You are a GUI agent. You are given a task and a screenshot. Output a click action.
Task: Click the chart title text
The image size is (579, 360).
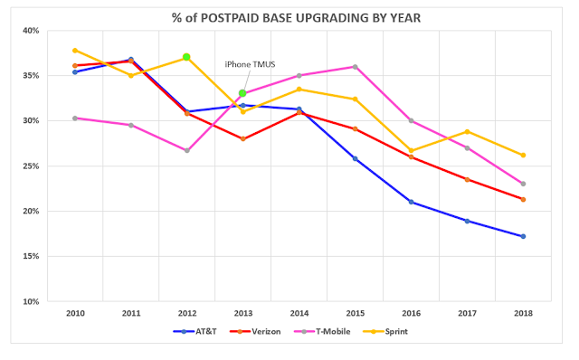click(296, 18)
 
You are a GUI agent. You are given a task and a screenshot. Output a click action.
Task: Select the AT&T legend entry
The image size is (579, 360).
click(195, 331)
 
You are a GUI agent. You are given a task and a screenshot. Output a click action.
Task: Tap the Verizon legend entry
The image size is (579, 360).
click(255, 331)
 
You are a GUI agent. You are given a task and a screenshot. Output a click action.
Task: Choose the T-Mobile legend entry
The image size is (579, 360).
click(322, 331)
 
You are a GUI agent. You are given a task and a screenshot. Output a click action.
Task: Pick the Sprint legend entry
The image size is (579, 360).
click(385, 331)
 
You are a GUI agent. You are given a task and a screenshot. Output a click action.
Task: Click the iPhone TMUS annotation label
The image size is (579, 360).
click(250, 64)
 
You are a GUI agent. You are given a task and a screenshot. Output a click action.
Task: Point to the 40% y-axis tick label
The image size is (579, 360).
click(31, 31)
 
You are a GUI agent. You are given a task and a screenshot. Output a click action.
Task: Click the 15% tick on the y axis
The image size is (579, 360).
click(31, 256)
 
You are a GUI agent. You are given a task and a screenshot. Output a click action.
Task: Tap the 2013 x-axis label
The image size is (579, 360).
click(243, 314)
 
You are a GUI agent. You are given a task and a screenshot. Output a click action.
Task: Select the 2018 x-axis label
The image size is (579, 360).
click(523, 314)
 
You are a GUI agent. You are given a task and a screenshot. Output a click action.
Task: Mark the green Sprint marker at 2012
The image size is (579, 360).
click(186, 57)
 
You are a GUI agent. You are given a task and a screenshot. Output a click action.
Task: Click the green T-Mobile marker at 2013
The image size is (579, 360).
click(242, 93)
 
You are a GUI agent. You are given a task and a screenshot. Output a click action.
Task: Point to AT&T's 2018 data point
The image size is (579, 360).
click(523, 236)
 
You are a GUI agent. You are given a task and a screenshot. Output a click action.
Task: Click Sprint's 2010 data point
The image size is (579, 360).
click(75, 51)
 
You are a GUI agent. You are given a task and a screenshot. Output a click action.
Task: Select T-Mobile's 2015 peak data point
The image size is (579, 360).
click(356, 67)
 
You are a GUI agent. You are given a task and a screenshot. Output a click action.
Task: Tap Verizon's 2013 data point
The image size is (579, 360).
click(243, 138)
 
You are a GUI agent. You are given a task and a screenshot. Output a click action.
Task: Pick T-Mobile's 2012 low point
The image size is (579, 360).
click(187, 150)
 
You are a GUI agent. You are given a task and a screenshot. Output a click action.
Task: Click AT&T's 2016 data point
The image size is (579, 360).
click(411, 202)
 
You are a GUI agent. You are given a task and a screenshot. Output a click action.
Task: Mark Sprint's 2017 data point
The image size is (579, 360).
click(467, 131)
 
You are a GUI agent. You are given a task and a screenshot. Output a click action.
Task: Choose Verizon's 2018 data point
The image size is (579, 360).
click(523, 199)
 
